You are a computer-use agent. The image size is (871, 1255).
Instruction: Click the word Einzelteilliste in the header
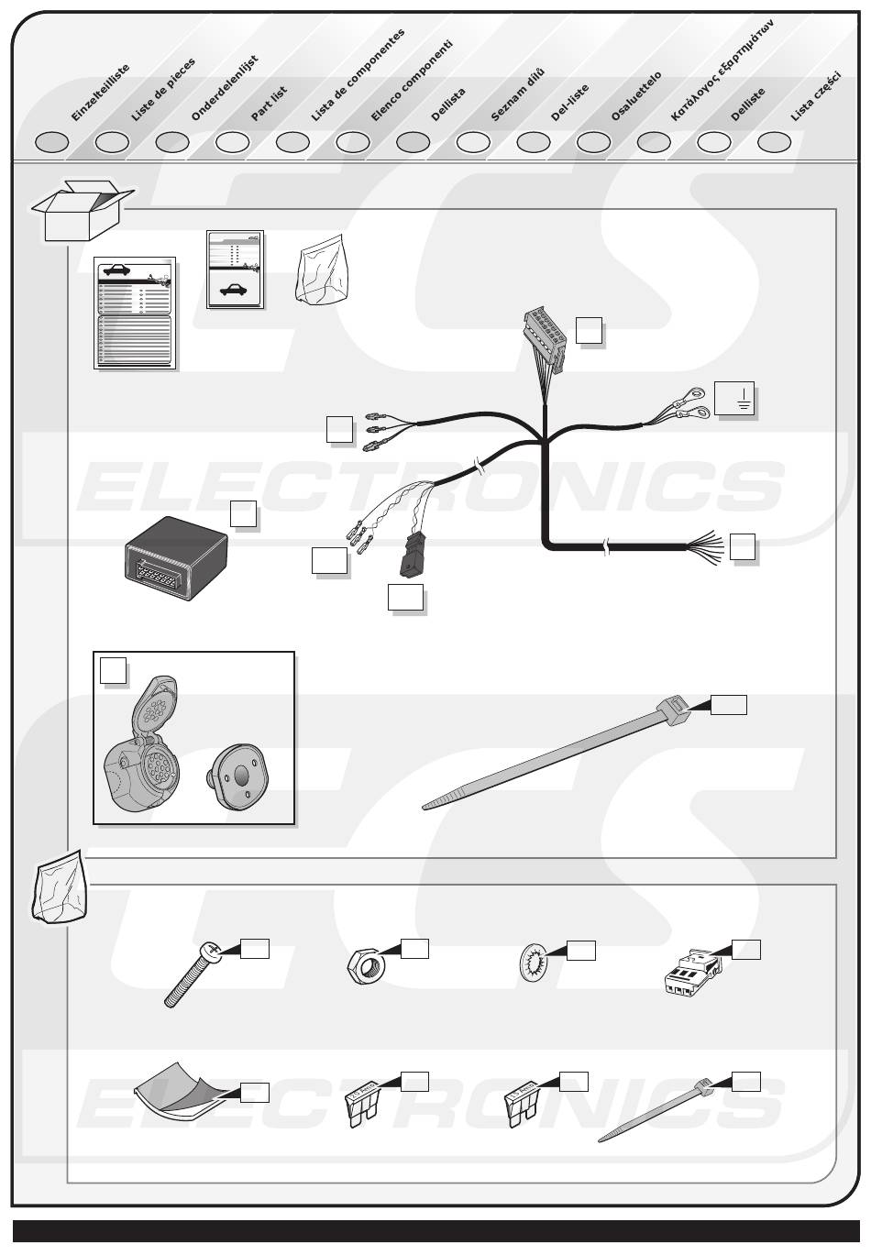(x=101, y=93)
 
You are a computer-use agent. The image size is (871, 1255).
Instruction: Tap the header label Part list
(x=270, y=104)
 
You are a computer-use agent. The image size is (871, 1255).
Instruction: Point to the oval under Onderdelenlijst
(x=172, y=142)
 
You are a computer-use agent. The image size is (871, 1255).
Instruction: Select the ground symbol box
(x=734, y=399)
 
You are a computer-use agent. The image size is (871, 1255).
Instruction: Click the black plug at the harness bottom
(x=410, y=555)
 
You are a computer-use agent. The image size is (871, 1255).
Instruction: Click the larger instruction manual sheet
(x=135, y=313)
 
